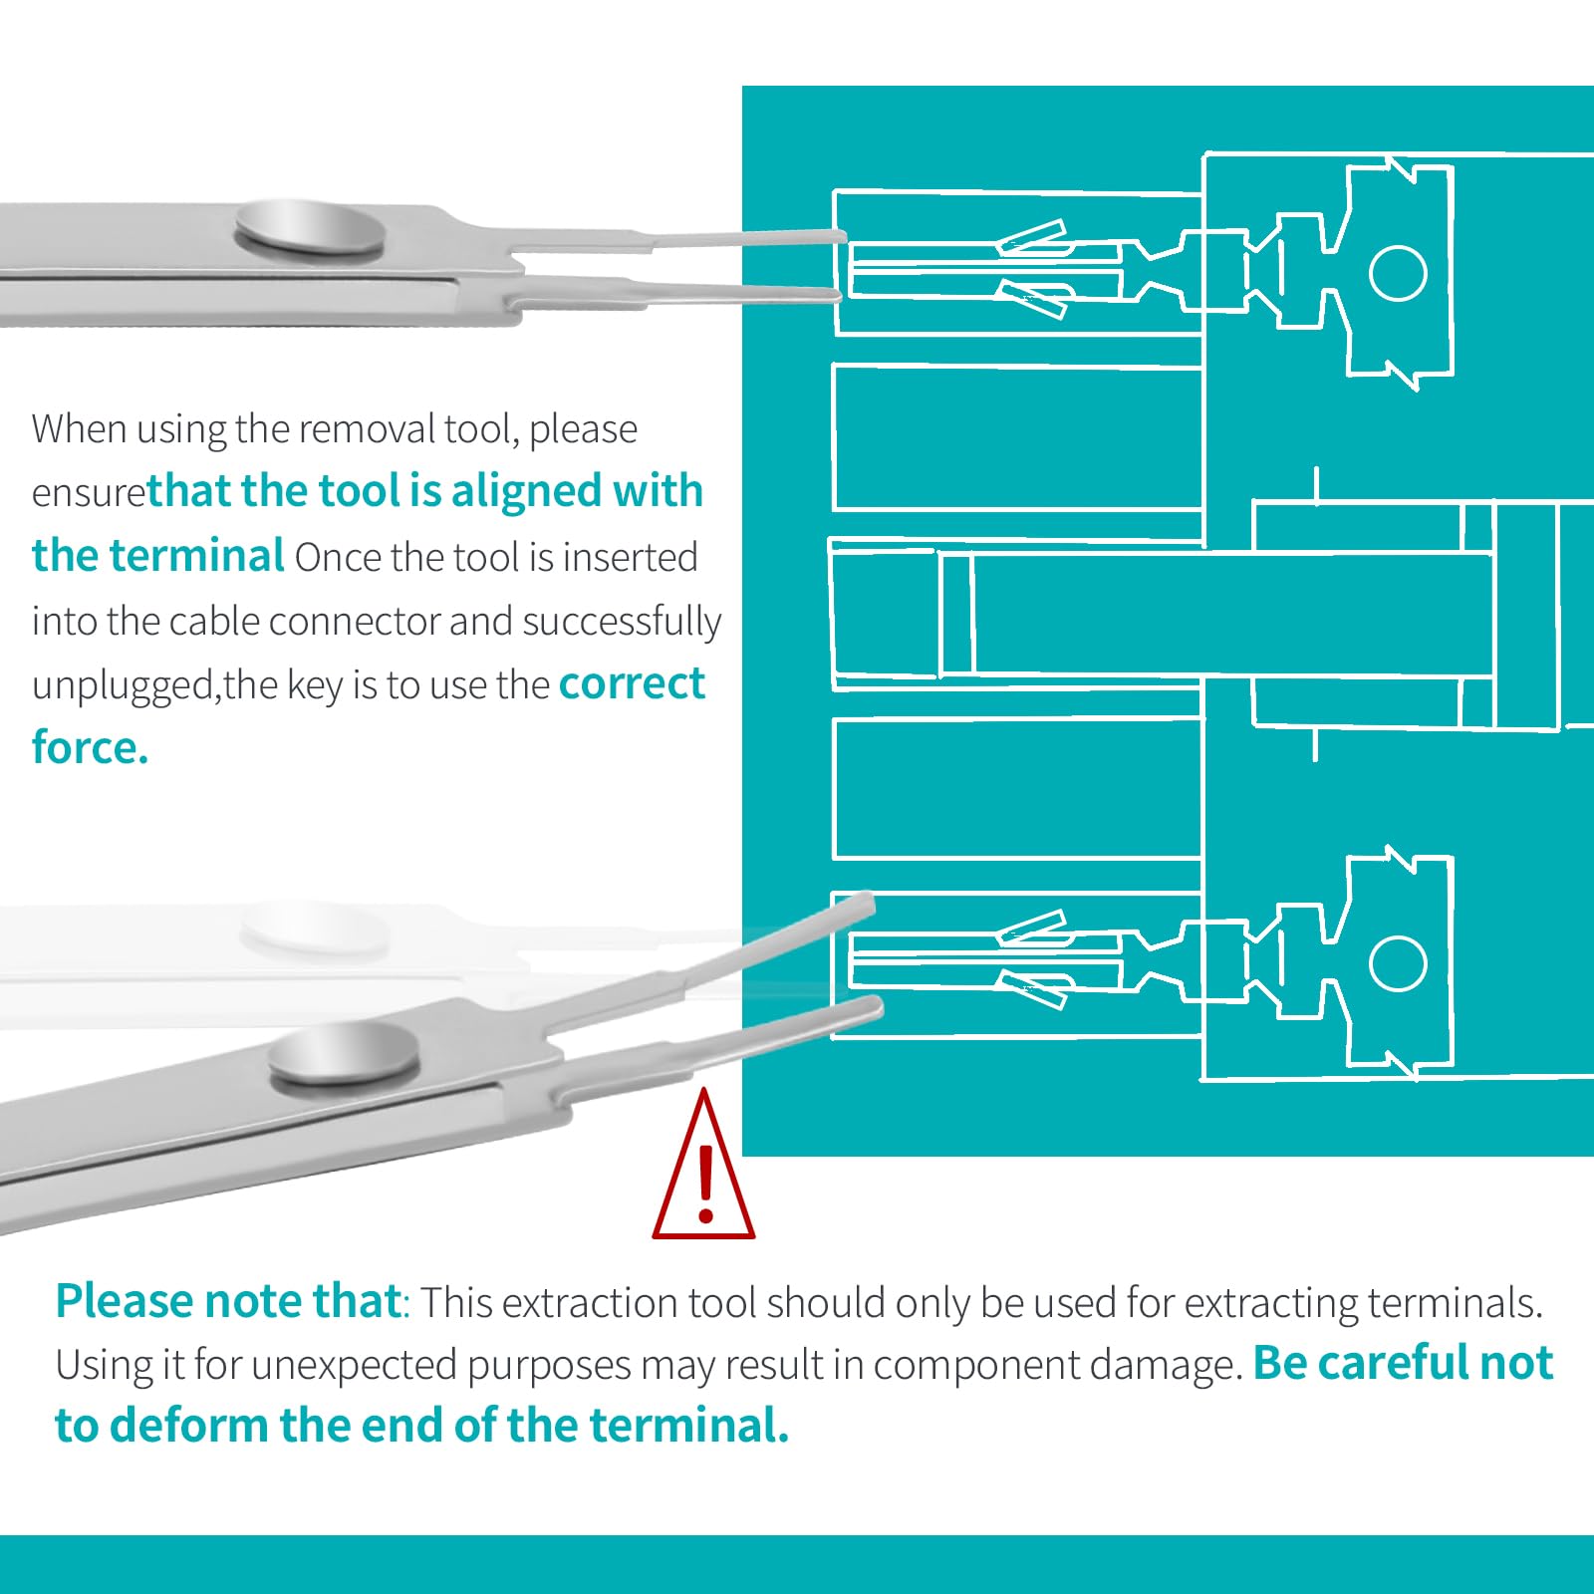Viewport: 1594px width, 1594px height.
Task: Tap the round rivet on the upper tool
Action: tap(311, 230)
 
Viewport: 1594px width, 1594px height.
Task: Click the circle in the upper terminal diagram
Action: tap(1398, 273)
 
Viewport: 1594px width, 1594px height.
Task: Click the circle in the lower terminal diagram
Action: tap(1398, 963)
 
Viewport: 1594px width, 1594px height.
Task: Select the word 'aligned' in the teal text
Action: tap(526, 491)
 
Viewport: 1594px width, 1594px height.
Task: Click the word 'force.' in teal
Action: tap(90, 747)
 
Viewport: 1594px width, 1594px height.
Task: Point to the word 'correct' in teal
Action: tap(632, 683)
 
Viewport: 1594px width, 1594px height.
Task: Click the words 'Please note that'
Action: tap(228, 1301)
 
